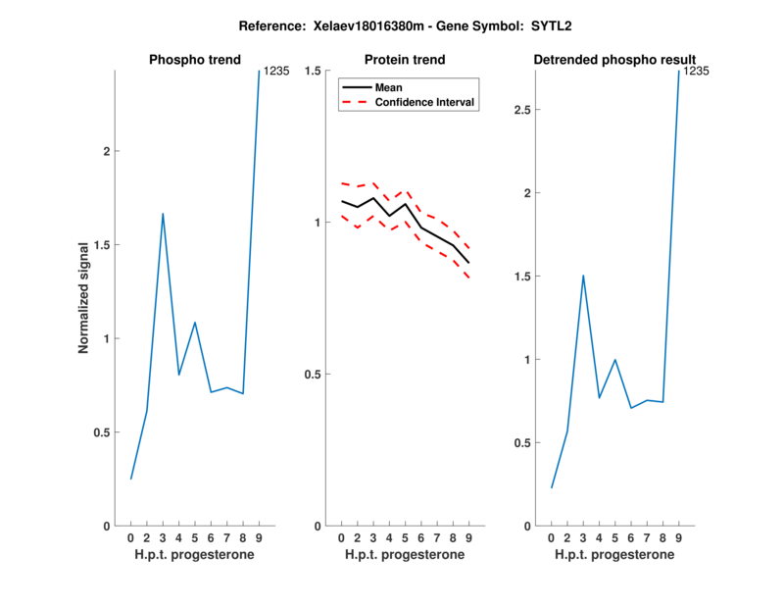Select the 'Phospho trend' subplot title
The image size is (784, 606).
point(195,60)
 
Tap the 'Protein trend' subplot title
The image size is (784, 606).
point(404,60)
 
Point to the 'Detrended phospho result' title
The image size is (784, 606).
point(614,60)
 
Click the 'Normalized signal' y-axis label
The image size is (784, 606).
point(84,298)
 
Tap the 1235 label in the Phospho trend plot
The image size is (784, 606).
point(276,72)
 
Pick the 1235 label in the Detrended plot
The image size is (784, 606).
point(696,72)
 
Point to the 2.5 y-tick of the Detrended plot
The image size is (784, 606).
point(522,110)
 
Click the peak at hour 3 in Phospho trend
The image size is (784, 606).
point(163,213)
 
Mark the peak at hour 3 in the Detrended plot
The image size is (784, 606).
point(583,276)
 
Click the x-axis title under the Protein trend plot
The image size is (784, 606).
point(404,555)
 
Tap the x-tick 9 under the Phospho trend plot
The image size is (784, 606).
point(259,538)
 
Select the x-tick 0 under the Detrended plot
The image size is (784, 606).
point(551,538)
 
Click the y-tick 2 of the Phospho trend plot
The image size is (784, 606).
point(106,151)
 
